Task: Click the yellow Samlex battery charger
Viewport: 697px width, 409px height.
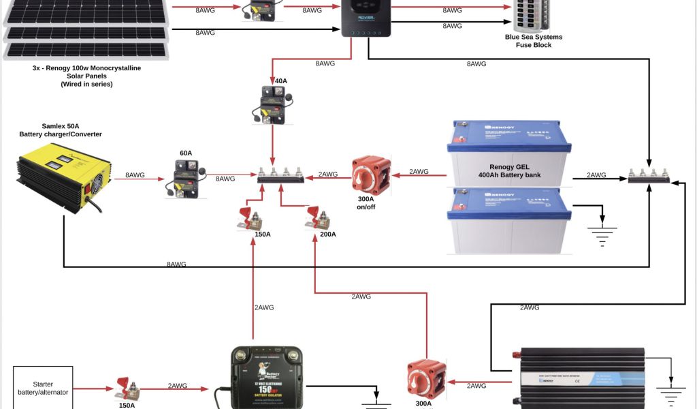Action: pos(63,181)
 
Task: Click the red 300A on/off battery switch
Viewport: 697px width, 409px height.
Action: pos(372,176)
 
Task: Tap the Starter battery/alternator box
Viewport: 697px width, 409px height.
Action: pos(42,388)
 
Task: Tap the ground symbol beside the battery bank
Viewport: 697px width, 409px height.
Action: pos(602,236)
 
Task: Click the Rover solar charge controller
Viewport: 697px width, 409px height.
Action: pos(366,18)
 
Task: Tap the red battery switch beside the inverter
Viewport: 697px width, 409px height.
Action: pos(426,379)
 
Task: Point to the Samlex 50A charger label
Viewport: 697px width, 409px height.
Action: pos(61,130)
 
